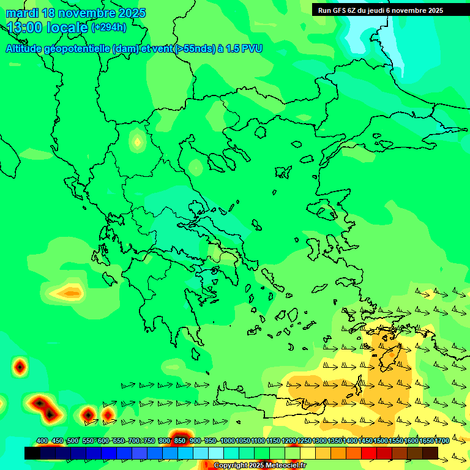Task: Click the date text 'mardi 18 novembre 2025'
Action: (x=76, y=13)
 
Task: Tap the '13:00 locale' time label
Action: (x=47, y=28)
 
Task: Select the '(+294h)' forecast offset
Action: (x=109, y=28)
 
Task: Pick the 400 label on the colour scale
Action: (x=42, y=441)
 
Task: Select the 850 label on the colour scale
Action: (x=180, y=441)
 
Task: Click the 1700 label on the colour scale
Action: (x=442, y=441)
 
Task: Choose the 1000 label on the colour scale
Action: (x=228, y=441)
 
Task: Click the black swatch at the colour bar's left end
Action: (x=32, y=453)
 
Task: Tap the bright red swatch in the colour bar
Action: (x=369, y=453)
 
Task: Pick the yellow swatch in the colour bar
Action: (x=308, y=453)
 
